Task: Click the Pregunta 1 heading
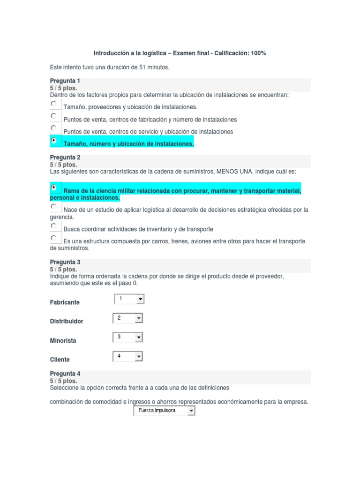coord(65,81)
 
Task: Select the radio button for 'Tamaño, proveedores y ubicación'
coord(54,104)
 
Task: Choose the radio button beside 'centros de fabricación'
coord(54,116)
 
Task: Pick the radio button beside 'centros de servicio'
coord(54,128)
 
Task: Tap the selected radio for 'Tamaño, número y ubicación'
coord(54,140)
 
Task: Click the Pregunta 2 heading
coord(65,157)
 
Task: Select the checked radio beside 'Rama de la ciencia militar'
coord(54,187)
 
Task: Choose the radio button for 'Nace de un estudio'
coord(54,206)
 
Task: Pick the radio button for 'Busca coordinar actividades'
coord(54,226)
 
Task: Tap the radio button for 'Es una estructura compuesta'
coord(54,238)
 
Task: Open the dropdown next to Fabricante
coord(129,299)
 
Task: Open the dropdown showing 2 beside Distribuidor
coord(128,318)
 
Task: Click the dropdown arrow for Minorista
coord(138,337)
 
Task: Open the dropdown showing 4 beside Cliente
coord(128,357)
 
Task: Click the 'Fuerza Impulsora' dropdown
coord(164,411)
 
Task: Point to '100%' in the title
coord(258,53)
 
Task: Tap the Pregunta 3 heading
coord(65,262)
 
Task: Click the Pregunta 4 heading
coord(65,374)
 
